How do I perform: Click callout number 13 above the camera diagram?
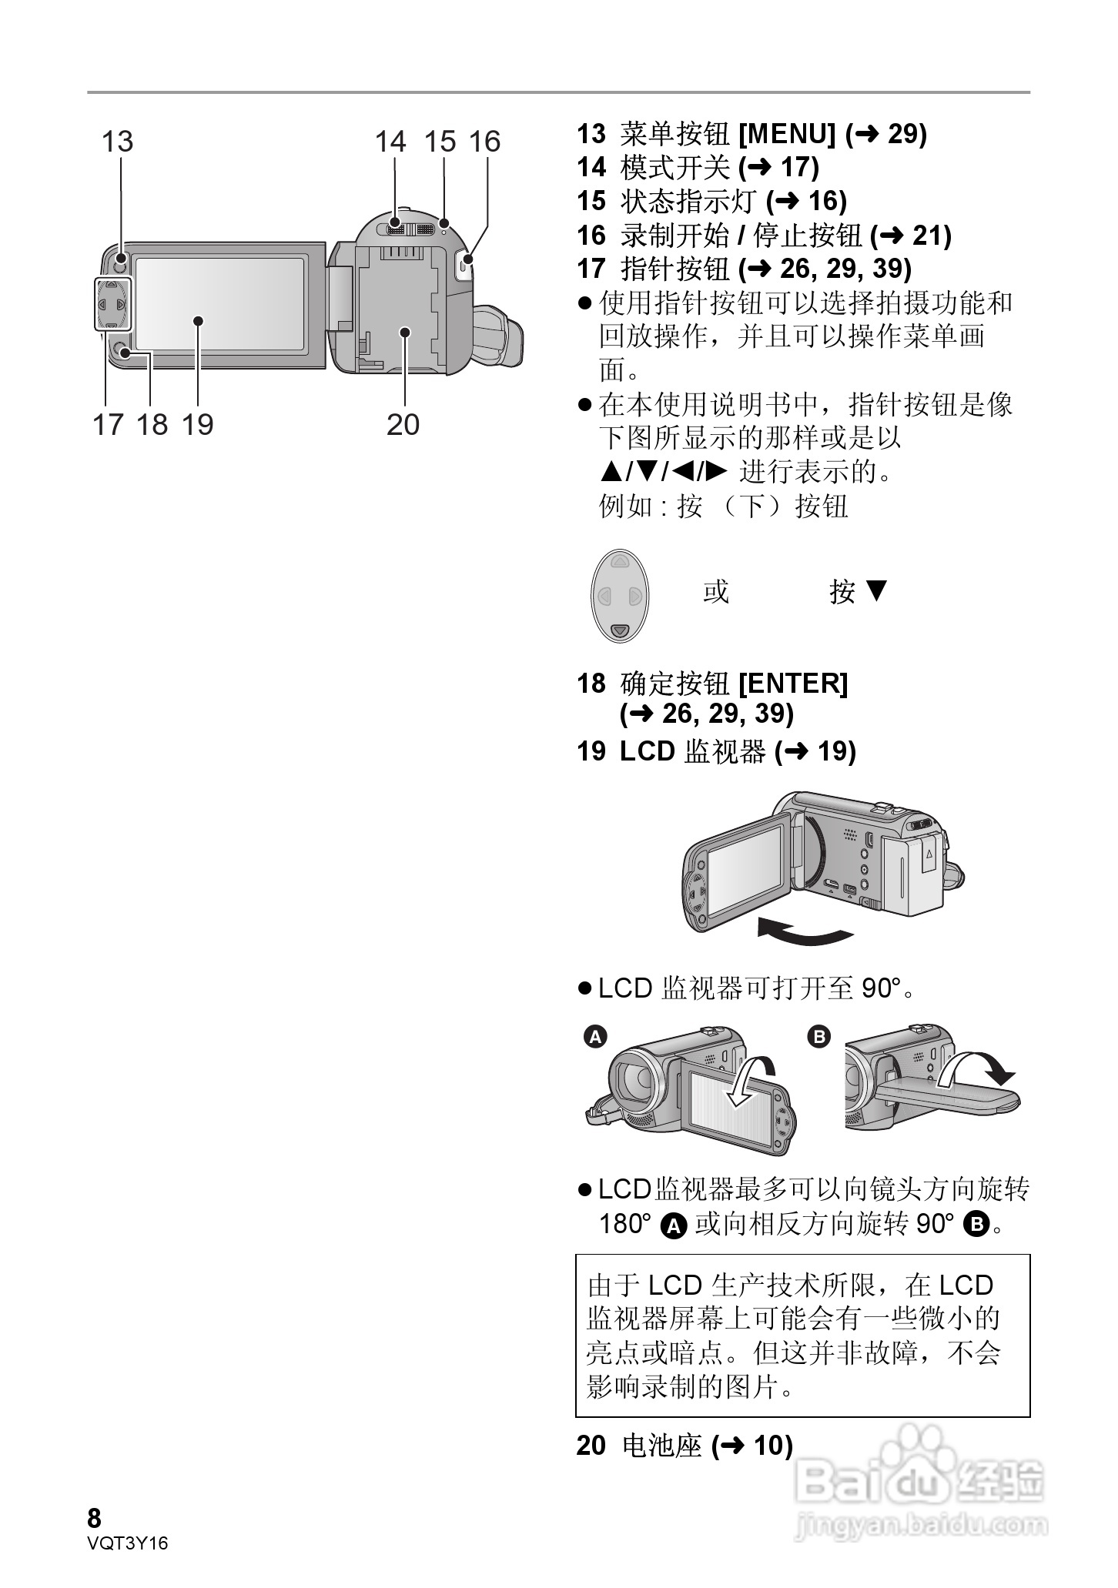(x=117, y=142)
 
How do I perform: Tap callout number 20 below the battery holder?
(x=403, y=424)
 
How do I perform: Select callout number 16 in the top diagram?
(x=484, y=142)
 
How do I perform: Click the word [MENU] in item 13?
(x=786, y=134)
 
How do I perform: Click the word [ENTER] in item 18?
(x=793, y=683)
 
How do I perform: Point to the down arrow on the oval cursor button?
(x=620, y=630)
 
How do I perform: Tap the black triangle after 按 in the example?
(x=877, y=590)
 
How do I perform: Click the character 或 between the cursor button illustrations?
(x=715, y=591)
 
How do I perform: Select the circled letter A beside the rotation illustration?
(x=595, y=1037)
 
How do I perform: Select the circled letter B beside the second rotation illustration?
(x=819, y=1037)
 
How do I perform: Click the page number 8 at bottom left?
(x=94, y=1519)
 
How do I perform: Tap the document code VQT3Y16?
(x=128, y=1543)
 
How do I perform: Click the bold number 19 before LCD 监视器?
(x=591, y=751)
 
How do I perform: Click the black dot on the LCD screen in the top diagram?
(x=199, y=321)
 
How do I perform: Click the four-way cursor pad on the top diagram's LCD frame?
(x=112, y=306)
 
